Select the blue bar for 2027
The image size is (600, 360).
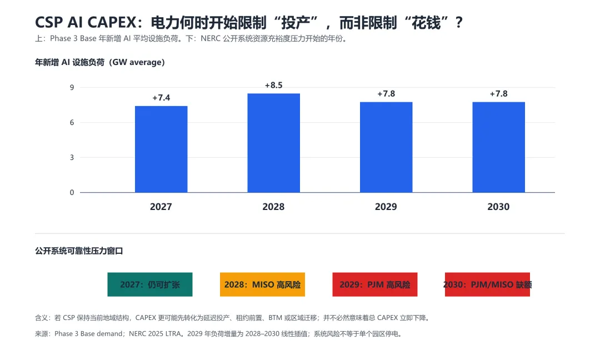(x=161, y=149)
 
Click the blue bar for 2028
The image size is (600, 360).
(x=273, y=143)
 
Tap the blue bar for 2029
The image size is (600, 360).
(x=386, y=147)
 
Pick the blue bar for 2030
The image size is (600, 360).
(x=498, y=147)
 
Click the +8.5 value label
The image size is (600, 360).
(x=273, y=86)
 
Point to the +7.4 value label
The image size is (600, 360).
(x=161, y=98)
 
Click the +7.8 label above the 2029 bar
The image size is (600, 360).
(x=386, y=94)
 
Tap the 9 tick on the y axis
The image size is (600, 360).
(x=72, y=88)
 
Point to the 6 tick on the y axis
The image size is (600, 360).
(x=72, y=122)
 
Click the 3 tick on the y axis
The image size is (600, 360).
(x=72, y=158)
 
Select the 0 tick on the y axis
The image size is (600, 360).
(x=72, y=192)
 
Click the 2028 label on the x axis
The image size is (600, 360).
(x=273, y=207)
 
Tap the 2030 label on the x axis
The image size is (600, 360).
(x=498, y=207)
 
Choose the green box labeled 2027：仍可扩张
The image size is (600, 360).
(x=150, y=284)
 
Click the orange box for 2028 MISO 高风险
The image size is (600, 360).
(x=262, y=284)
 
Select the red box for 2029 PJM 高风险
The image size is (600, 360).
(x=375, y=284)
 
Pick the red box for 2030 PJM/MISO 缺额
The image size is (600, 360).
(x=488, y=284)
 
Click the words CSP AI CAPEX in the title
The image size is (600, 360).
(x=86, y=23)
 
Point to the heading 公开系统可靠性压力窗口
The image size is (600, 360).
(x=79, y=251)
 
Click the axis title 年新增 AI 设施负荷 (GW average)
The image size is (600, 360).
(x=100, y=62)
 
